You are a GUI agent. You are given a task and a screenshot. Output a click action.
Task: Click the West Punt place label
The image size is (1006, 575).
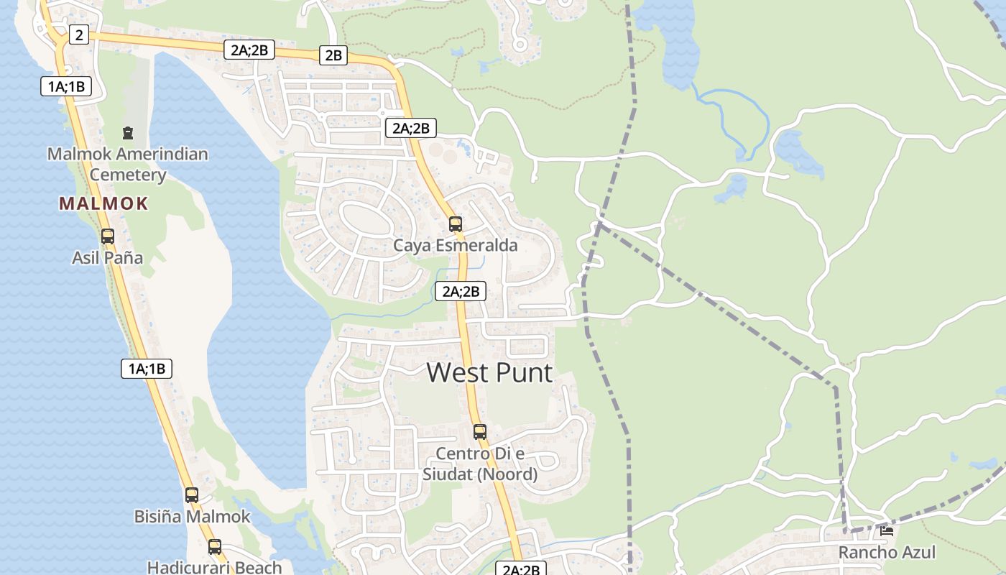point(489,372)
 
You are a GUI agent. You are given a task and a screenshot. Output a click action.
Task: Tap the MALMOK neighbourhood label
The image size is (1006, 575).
point(103,203)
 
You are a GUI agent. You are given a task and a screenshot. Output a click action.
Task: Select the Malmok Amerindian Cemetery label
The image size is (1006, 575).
point(128,164)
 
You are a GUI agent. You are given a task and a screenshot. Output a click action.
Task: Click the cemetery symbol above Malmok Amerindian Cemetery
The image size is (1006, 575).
point(128,133)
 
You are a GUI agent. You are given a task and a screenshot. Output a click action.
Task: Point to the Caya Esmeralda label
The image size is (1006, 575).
point(455,245)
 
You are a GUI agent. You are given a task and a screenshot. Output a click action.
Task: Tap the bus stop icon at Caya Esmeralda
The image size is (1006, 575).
point(455,224)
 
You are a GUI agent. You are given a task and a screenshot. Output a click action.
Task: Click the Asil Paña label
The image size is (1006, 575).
point(107,257)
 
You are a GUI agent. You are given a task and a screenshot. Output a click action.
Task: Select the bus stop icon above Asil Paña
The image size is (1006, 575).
point(107,236)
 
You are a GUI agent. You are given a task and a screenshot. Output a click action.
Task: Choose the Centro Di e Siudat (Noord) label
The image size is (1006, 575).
point(479,464)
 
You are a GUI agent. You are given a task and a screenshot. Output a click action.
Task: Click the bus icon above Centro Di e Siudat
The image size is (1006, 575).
point(479,432)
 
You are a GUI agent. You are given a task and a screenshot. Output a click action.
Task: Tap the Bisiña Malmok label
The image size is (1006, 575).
point(192,516)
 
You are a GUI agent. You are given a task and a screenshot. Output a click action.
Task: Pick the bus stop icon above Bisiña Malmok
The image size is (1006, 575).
point(191,495)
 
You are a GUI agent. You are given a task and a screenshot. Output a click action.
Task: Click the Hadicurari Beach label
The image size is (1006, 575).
point(214,567)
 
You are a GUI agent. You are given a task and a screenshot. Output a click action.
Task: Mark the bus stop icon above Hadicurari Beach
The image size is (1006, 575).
point(214,547)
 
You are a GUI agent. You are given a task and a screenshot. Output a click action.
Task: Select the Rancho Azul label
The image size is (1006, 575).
point(887,552)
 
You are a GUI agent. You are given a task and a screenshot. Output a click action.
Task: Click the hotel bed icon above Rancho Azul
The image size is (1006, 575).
point(887,531)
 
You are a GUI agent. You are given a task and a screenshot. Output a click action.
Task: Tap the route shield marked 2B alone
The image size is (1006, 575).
point(333,55)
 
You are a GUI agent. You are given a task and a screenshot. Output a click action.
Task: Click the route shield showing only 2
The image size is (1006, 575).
point(79,34)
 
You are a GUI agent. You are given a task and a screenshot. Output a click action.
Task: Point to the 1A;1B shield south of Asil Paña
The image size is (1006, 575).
point(147,369)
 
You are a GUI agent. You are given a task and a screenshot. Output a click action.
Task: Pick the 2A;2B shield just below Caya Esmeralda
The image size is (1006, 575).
point(460,291)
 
